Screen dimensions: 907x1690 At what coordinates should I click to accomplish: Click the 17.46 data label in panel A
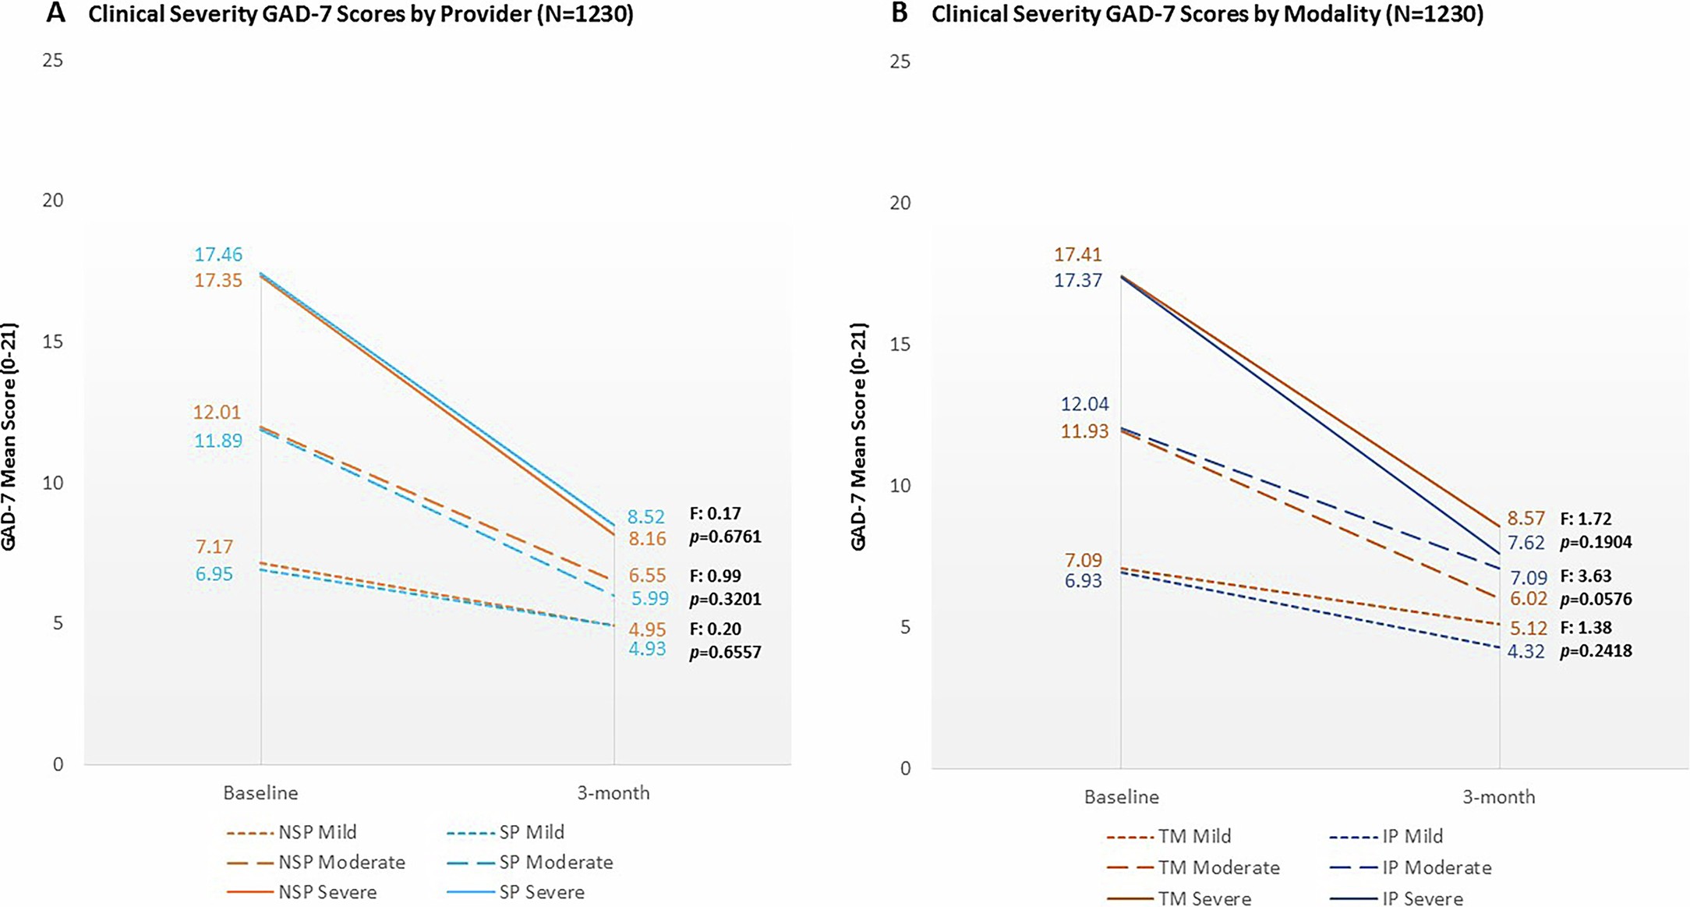[x=218, y=254]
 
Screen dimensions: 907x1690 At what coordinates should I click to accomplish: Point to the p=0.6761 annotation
[x=725, y=537]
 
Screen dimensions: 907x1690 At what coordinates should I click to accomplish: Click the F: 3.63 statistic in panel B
[x=1585, y=576]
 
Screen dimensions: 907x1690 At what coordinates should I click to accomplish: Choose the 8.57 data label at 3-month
[x=1526, y=519]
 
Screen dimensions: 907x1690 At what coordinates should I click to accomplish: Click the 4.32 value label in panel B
[x=1526, y=651]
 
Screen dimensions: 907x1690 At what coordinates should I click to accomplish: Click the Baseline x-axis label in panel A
[x=260, y=793]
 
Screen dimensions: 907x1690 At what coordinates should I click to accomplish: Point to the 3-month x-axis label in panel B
[x=1498, y=797]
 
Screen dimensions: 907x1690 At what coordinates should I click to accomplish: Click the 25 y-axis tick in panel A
[x=53, y=60]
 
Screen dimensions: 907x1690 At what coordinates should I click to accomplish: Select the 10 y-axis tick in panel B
[x=900, y=485]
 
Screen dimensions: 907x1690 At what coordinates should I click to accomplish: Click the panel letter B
[x=900, y=13]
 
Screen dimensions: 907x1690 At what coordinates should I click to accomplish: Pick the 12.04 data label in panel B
[x=1084, y=404]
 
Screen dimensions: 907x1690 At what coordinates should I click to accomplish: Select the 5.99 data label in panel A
[x=649, y=599]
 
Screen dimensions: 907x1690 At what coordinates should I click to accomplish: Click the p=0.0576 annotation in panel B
[x=1596, y=600]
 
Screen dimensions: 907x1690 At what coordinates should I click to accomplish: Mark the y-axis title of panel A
[x=9, y=437]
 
